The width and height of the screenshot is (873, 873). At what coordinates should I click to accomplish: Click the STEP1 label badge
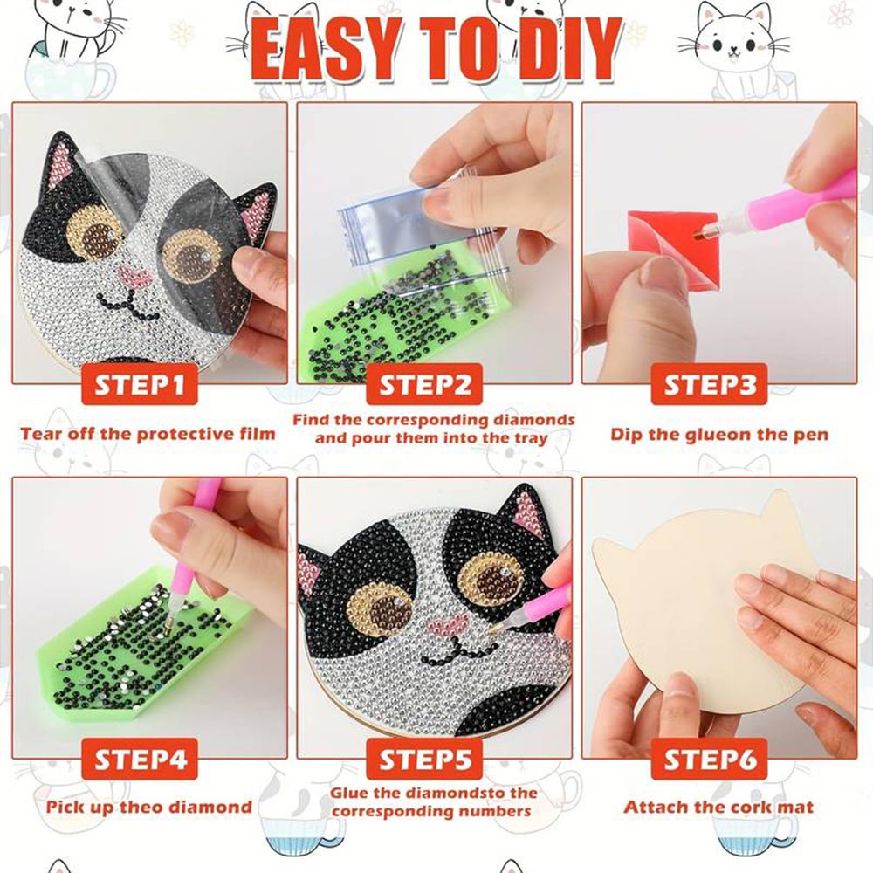(140, 384)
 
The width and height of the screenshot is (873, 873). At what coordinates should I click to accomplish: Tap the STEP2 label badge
(424, 384)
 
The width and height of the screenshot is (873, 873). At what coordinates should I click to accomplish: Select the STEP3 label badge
(709, 384)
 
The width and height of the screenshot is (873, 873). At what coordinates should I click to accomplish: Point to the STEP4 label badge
(140, 759)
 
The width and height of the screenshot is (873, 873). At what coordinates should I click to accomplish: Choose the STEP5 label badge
(424, 759)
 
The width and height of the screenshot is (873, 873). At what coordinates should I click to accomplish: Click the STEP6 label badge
(709, 759)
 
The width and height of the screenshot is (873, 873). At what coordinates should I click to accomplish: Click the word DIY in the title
(559, 51)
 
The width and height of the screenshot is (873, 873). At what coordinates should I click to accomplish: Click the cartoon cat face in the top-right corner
(734, 39)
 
